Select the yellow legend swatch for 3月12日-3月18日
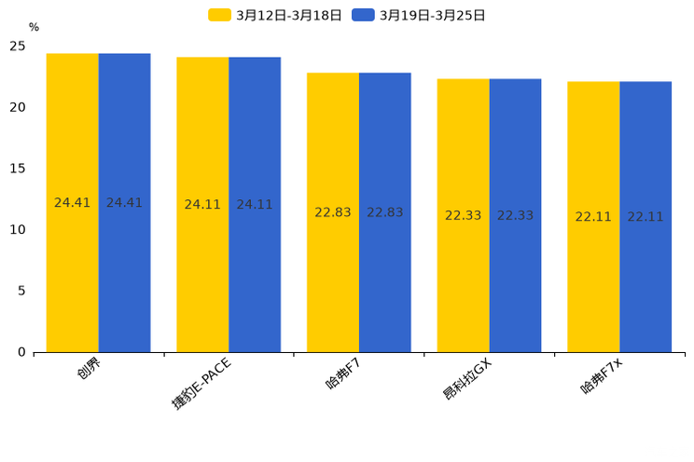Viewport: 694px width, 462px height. tap(219, 15)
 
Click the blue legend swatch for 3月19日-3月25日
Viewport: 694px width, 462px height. tap(363, 15)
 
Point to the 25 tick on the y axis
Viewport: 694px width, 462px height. tap(18, 46)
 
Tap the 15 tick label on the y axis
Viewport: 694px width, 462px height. tap(18, 169)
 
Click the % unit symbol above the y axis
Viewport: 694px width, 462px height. tap(34, 27)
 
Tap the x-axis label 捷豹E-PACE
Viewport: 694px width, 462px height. tap(201, 383)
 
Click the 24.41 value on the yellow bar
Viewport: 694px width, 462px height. tap(73, 202)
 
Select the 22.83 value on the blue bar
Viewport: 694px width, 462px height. tap(385, 212)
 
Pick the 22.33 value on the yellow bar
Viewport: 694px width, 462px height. tap(464, 215)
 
